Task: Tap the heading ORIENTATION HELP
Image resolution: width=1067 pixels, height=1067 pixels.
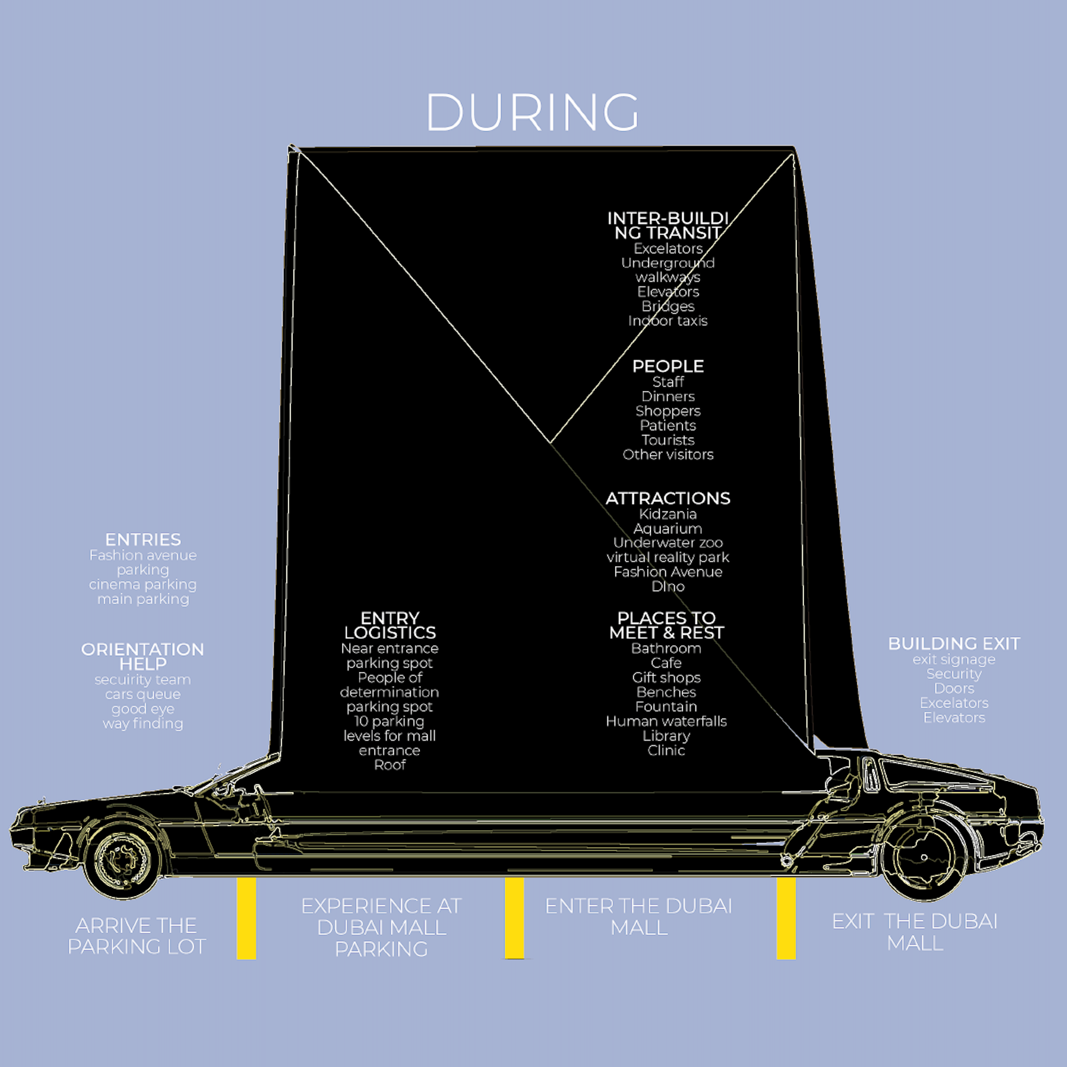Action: point(142,656)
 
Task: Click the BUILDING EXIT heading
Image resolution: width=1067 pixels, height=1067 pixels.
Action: point(954,643)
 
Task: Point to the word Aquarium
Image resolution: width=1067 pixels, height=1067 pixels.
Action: point(668,528)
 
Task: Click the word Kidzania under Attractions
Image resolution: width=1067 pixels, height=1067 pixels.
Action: point(668,514)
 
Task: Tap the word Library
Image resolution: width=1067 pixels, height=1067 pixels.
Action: point(666,736)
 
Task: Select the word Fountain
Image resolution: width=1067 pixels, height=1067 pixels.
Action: point(666,706)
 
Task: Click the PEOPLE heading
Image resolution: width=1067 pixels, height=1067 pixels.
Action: point(668,366)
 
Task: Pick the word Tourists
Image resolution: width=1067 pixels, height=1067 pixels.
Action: point(668,440)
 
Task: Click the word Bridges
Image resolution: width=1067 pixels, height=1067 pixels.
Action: point(668,306)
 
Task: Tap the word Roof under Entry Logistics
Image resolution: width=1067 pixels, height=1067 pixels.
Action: point(389,765)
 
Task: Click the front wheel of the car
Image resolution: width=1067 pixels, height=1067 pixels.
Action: point(123,859)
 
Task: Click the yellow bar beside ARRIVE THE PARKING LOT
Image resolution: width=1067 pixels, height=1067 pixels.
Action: point(246,918)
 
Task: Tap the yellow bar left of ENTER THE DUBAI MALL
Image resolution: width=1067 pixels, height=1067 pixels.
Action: point(514,918)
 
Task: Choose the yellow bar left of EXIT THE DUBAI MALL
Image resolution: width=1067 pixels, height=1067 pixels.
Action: point(786,918)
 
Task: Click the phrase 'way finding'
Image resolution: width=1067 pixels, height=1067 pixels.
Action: point(142,724)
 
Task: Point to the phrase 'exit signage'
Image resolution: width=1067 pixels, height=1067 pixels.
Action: point(954,659)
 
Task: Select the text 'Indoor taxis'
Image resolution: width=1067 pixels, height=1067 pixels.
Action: point(668,321)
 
